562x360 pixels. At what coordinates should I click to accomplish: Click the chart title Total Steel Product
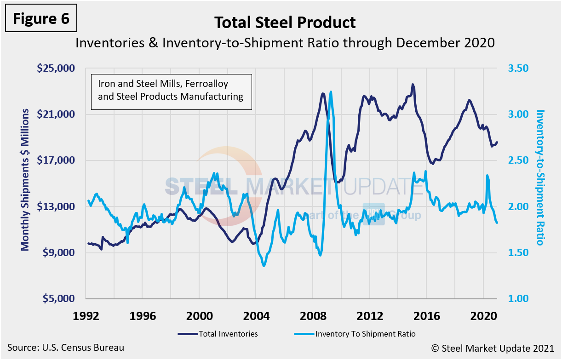(x=285, y=23)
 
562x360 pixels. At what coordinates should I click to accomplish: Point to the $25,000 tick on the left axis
(x=56, y=68)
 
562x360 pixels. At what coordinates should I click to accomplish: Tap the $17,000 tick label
(x=56, y=160)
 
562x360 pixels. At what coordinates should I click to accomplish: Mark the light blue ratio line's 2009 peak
(x=331, y=92)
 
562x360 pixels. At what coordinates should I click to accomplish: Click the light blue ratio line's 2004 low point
(x=264, y=266)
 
